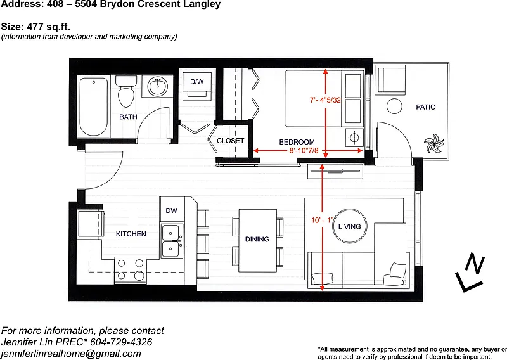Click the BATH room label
click(128, 117)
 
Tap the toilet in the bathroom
click(126, 91)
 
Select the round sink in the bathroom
click(158, 86)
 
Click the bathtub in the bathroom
click(94, 106)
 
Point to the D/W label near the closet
click(197, 82)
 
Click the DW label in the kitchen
click(171, 210)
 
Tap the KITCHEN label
click(131, 234)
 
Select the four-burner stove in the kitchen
click(131, 270)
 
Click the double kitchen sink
click(171, 241)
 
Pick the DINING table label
click(257, 240)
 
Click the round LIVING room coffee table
click(350, 226)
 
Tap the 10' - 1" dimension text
click(322, 221)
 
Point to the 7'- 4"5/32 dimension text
click(325, 100)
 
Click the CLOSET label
click(230, 141)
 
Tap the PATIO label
click(425, 107)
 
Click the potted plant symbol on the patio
click(433, 143)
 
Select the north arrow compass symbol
click(470, 274)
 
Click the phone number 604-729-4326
click(121, 342)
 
